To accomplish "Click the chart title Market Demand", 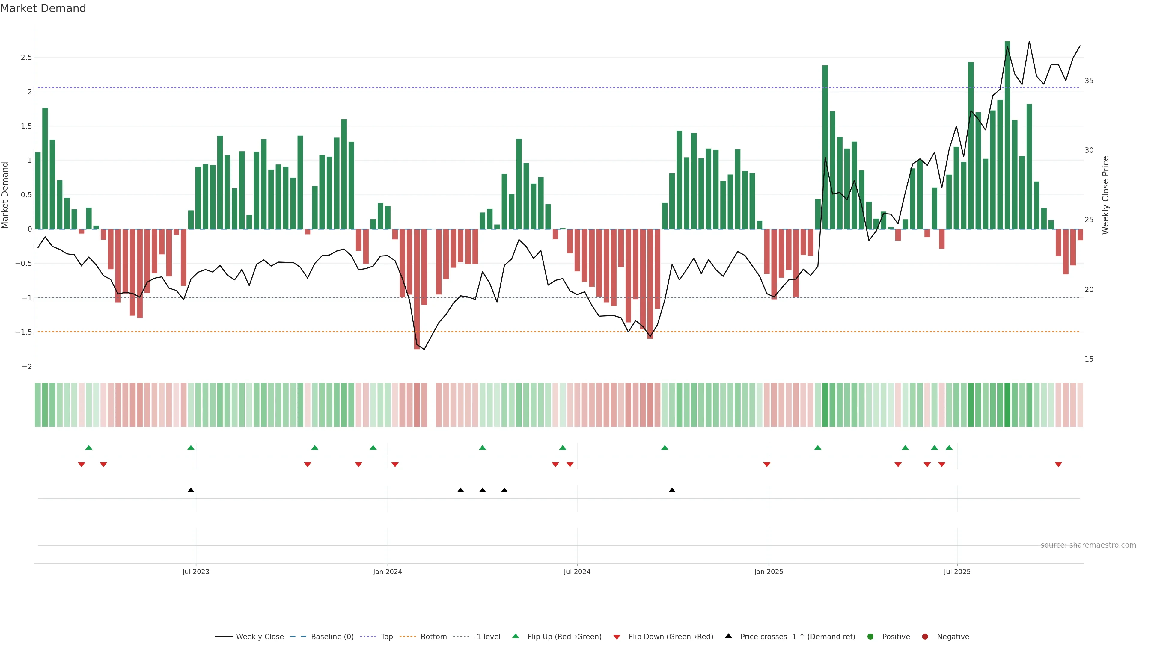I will coord(43,8).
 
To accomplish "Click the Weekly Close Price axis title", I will coord(1105,195).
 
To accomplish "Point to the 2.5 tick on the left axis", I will coord(26,58).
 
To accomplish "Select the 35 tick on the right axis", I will coord(1089,81).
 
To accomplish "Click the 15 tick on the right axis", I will coord(1089,359).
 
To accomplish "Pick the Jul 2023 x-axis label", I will coord(196,572).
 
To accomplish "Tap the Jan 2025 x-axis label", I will coord(769,572).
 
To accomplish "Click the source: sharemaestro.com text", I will coord(1088,545).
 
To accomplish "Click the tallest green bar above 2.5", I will coord(1007,134).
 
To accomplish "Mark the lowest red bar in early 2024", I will coord(417,290).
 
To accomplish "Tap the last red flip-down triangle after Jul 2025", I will coord(1058,465).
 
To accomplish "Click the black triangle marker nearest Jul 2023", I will coord(191,490).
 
